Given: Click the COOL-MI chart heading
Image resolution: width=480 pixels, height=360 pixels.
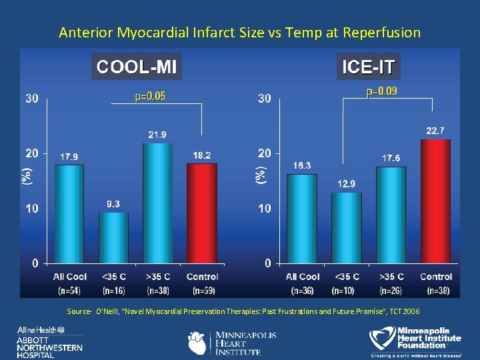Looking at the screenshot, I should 136,67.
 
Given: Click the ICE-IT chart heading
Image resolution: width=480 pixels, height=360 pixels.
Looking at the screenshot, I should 369,67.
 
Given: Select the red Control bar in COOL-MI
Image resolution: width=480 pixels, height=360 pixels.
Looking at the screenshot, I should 202,213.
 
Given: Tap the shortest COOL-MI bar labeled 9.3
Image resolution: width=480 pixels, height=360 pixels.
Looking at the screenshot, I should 113,237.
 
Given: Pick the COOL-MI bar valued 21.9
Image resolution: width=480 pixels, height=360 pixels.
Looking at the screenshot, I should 157,203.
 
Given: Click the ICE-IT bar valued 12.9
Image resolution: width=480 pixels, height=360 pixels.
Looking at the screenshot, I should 346,227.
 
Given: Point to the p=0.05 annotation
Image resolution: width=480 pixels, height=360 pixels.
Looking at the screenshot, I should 150,97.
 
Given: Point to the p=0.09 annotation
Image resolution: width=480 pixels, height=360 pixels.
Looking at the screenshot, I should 382,92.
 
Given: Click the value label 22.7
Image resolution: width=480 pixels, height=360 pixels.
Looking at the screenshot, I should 435,131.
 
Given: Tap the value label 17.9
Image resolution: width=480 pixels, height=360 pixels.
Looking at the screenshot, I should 69,157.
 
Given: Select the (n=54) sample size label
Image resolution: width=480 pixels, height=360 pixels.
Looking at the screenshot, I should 69,290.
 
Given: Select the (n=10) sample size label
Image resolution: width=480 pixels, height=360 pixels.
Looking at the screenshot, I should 346,290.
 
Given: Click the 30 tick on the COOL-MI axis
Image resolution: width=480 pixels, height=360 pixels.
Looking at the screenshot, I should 31,99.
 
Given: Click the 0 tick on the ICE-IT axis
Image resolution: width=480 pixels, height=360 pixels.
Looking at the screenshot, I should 267,263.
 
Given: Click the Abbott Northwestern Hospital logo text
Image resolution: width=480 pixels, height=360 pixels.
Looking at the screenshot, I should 51,343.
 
